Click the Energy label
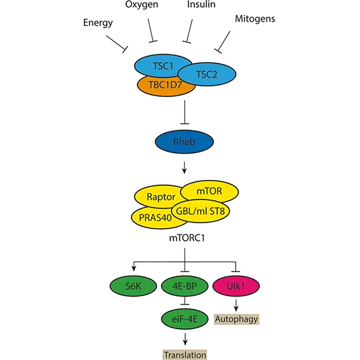[x=99, y=24]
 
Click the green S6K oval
[x=130, y=287]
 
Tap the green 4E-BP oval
[x=183, y=287]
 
